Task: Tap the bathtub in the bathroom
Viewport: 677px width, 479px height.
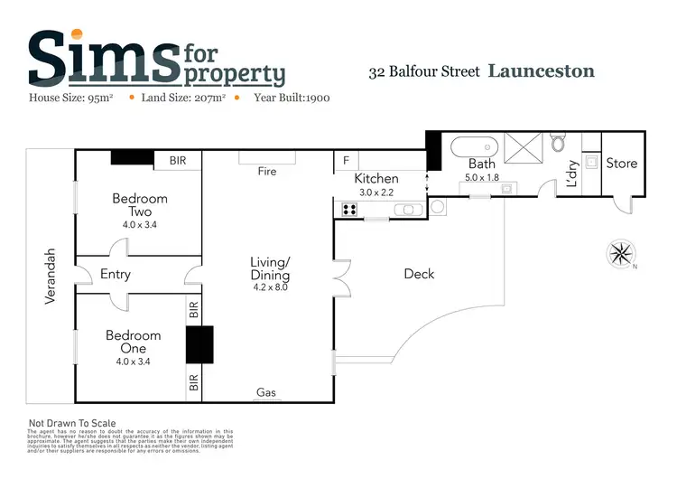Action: (x=473, y=146)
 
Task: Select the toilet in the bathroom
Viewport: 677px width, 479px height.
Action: (x=558, y=144)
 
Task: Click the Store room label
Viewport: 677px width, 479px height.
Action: (x=621, y=164)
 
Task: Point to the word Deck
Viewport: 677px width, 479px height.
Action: (x=419, y=274)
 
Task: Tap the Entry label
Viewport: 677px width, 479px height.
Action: (x=116, y=274)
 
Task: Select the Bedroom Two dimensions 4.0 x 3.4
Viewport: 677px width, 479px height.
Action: (x=139, y=225)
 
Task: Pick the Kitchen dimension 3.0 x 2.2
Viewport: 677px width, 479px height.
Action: (x=377, y=193)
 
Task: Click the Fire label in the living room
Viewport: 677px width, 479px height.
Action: (x=266, y=171)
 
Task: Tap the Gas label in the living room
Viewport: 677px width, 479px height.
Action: (x=266, y=392)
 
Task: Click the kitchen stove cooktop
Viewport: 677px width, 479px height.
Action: (x=350, y=210)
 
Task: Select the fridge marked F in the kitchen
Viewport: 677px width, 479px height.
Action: (x=346, y=161)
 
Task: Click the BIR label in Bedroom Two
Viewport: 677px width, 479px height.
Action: (x=178, y=161)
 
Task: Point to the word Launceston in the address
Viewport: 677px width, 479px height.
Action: (x=542, y=70)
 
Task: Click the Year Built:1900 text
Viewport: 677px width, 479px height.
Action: (x=292, y=97)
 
